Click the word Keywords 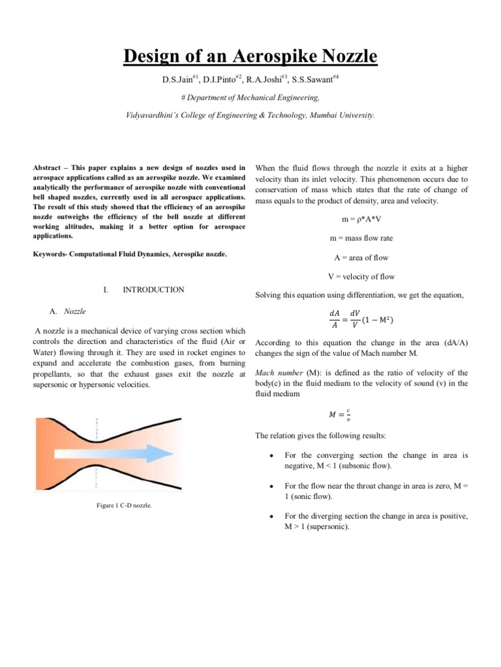point(53,255)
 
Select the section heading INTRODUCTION point(153,290)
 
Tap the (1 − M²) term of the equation point(384,319)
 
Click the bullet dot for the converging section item point(271,457)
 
